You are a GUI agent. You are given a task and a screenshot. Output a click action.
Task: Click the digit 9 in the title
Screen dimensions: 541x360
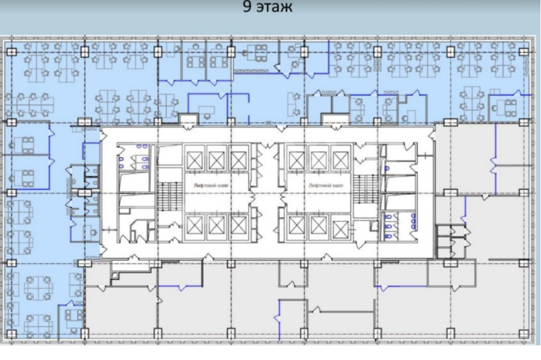(247, 7)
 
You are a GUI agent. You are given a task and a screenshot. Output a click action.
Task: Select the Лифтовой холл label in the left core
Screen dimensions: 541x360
(211, 185)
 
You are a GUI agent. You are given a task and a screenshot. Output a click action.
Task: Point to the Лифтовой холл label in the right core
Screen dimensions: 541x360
(326, 185)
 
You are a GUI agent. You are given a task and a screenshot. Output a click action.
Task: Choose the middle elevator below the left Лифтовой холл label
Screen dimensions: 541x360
(217, 226)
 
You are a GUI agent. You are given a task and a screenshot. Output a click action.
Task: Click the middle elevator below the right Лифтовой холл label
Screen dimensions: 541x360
(318, 226)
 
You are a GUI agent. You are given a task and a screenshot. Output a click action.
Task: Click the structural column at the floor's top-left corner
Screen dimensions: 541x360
(11, 52)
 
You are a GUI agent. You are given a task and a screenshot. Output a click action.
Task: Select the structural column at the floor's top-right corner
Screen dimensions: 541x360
(524, 52)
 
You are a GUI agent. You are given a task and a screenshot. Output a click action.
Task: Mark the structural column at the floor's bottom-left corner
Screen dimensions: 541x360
(11, 334)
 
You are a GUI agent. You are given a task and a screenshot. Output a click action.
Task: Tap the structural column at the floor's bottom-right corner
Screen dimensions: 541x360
(524, 334)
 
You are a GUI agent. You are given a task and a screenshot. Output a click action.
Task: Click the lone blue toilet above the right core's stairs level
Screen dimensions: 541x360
(387, 169)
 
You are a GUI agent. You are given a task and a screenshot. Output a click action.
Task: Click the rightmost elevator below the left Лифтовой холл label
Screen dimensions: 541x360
(239, 226)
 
